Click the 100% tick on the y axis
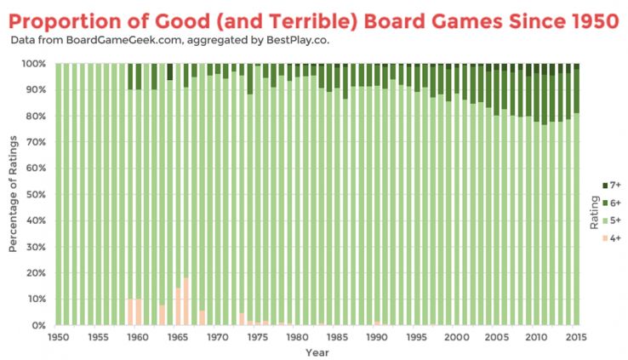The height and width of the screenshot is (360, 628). (x=37, y=64)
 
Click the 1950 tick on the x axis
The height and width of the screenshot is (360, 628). (x=59, y=337)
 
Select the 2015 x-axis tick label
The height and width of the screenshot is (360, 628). (x=576, y=337)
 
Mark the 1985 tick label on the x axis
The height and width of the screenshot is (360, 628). (x=337, y=337)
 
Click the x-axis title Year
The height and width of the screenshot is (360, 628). (x=317, y=351)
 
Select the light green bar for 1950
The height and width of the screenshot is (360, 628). (x=59, y=195)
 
